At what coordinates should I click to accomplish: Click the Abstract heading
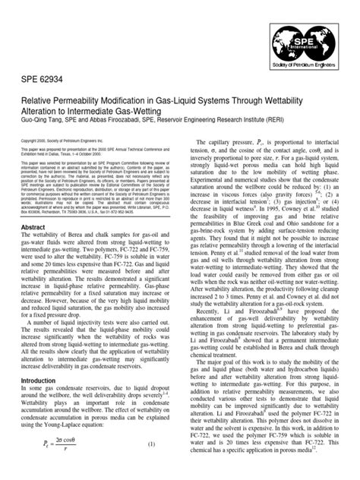tap(34, 248)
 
